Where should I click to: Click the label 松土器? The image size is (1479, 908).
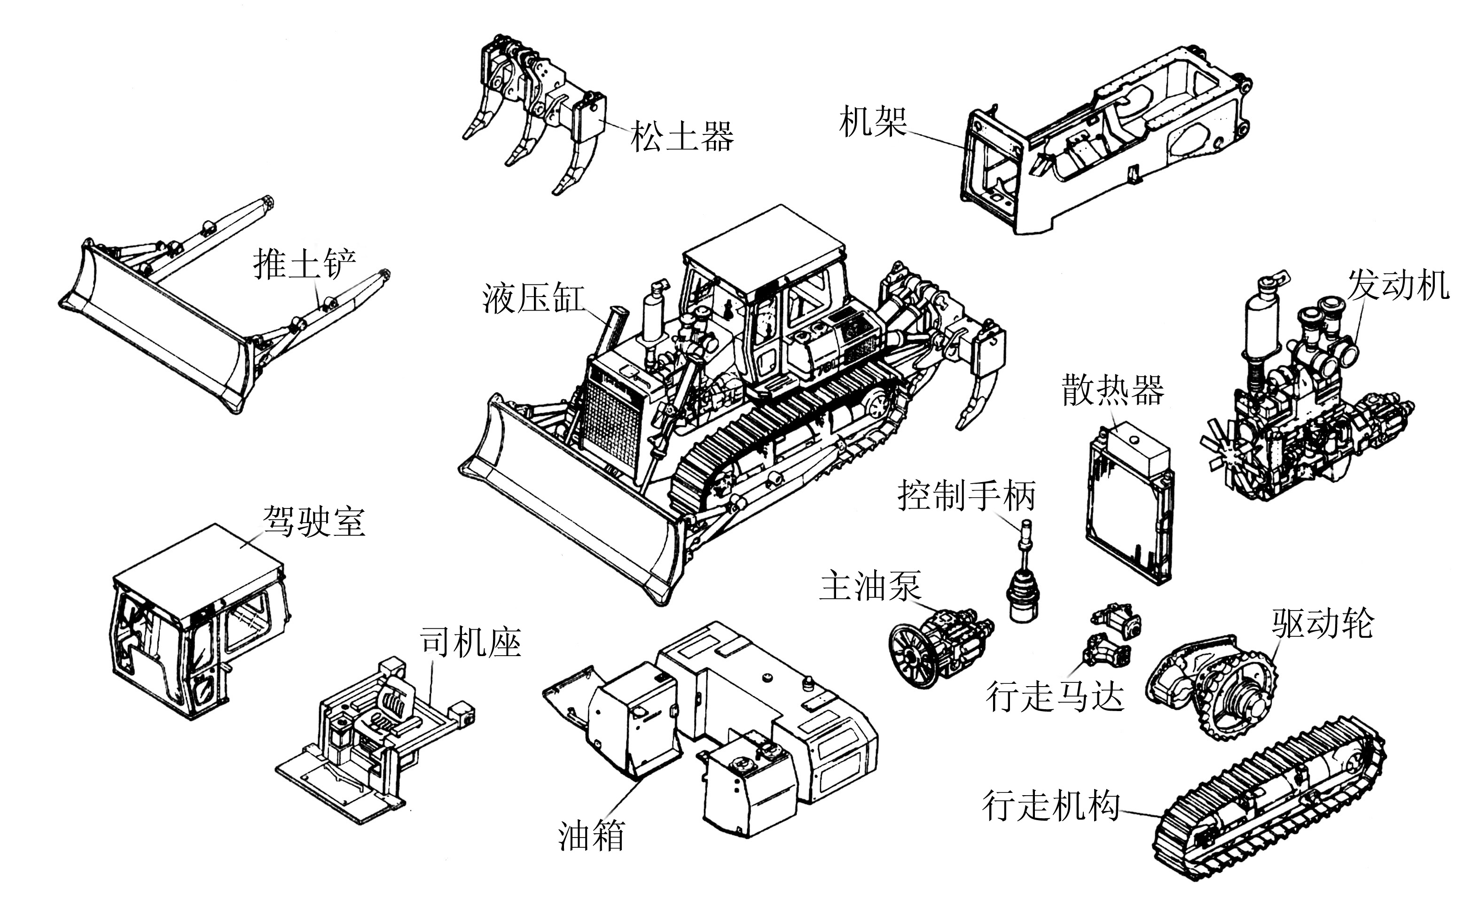tap(681, 137)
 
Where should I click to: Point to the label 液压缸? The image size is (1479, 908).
tap(533, 298)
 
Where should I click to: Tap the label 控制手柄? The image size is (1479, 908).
tap(967, 496)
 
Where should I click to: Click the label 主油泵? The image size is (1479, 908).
tap(870, 586)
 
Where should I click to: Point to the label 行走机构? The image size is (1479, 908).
tap(1051, 806)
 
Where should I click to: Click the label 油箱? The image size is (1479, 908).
tap(592, 835)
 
